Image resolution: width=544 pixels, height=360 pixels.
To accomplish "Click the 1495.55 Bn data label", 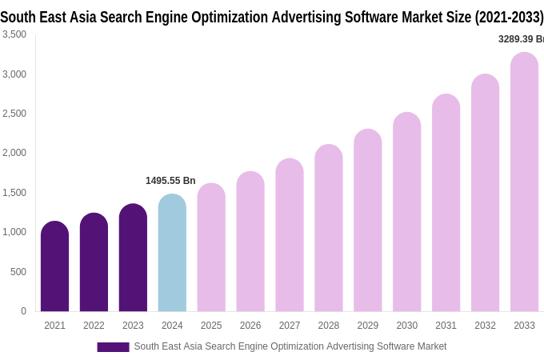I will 170,181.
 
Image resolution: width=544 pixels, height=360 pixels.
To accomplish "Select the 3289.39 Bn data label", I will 521,39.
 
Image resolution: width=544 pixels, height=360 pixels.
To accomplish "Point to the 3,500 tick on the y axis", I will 14,34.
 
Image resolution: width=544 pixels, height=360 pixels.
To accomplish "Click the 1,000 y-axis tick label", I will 14,232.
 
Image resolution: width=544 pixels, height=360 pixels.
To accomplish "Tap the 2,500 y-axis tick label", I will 14,114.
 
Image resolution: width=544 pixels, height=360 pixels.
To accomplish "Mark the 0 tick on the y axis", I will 23,311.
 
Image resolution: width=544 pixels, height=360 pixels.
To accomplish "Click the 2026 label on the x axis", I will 250,326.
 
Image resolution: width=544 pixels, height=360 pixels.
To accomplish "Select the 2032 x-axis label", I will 485,326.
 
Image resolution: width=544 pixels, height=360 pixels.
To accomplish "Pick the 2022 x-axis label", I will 94,326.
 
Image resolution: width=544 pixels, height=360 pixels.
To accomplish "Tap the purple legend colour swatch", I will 113,346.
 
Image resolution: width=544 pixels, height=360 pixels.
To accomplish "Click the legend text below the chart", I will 290,346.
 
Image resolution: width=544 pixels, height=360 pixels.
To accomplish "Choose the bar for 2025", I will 211,247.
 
